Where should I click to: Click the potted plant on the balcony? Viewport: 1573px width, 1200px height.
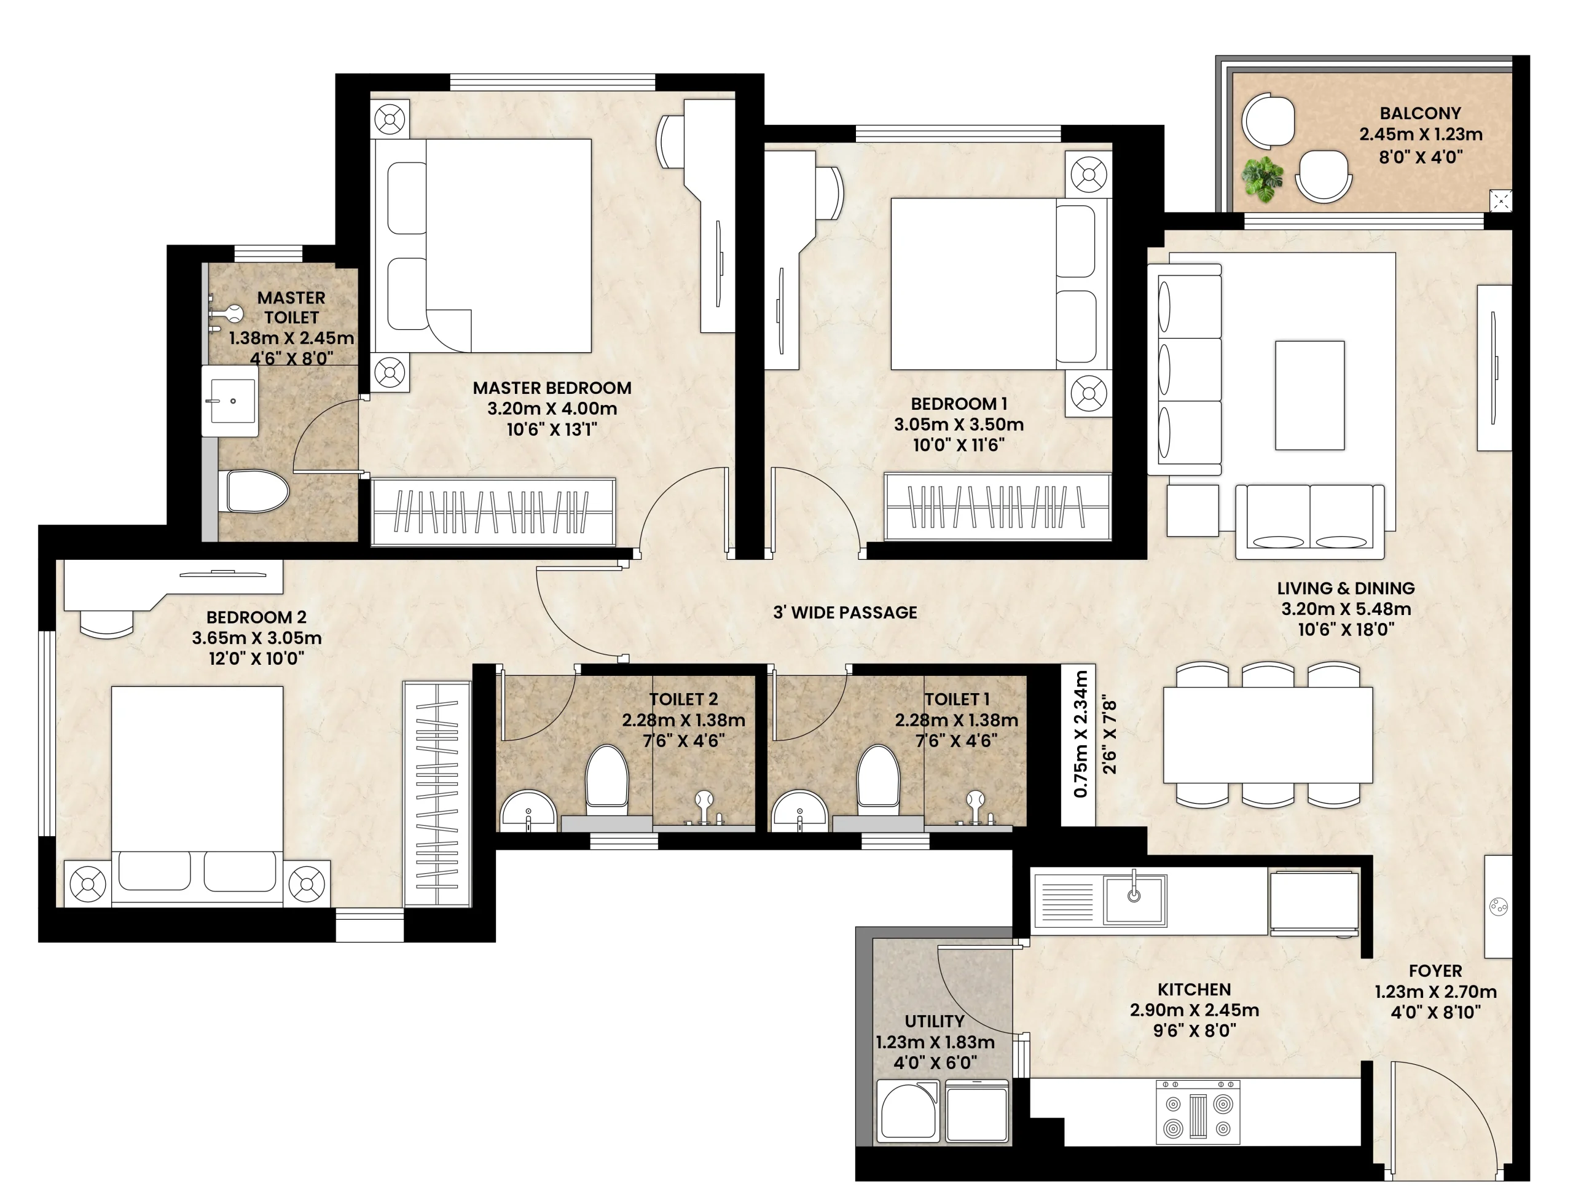click(x=1262, y=179)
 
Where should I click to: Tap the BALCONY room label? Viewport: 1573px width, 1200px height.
click(x=1420, y=114)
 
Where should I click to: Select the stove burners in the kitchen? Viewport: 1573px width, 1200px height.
click(x=1198, y=1112)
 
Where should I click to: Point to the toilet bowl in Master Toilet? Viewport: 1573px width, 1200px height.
click(x=258, y=492)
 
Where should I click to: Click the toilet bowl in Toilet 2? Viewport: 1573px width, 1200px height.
click(x=606, y=781)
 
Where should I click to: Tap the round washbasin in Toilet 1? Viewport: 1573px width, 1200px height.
click(x=800, y=812)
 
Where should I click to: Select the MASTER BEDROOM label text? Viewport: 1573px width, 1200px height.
click(x=552, y=388)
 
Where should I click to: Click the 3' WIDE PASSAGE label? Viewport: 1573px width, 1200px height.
click(x=845, y=612)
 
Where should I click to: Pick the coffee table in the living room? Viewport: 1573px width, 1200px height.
click(x=1309, y=395)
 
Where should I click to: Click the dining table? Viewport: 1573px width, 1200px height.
click(x=1267, y=735)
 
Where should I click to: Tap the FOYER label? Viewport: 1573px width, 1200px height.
click(x=1435, y=971)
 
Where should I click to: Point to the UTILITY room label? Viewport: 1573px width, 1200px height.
click(x=935, y=1021)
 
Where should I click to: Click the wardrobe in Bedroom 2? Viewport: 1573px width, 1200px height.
click(x=436, y=794)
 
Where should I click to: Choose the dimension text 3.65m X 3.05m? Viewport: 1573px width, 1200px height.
click(x=256, y=638)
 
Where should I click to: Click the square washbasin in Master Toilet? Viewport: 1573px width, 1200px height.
click(x=229, y=401)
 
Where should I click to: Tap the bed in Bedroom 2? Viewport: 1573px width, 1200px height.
click(x=197, y=796)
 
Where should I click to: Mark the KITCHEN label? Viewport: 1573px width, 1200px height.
click(x=1194, y=989)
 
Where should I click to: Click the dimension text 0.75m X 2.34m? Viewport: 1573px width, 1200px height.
click(x=1081, y=734)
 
